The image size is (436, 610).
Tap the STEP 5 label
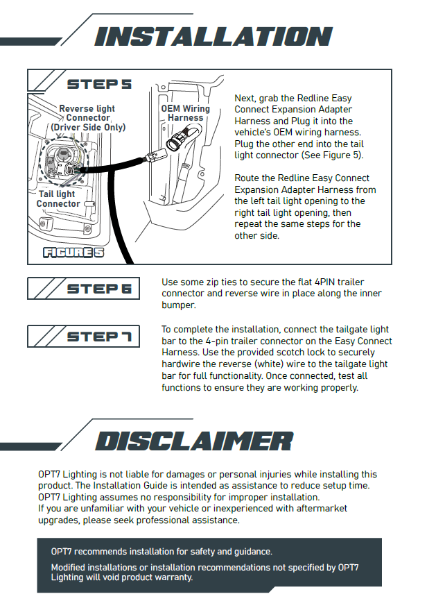click(x=99, y=85)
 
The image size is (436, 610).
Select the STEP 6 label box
click(x=83, y=288)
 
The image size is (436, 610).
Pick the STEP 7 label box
click(x=83, y=337)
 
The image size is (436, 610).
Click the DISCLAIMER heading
click(x=193, y=441)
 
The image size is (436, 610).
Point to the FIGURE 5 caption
click(x=73, y=253)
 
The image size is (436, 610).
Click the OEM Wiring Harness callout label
click(x=185, y=113)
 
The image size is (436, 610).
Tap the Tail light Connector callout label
click(x=58, y=199)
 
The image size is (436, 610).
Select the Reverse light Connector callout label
click(x=87, y=118)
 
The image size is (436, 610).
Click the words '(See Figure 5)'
click(x=331, y=155)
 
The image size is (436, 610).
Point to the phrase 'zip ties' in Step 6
click(x=209, y=282)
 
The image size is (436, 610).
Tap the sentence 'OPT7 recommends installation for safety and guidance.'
click(x=162, y=552)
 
